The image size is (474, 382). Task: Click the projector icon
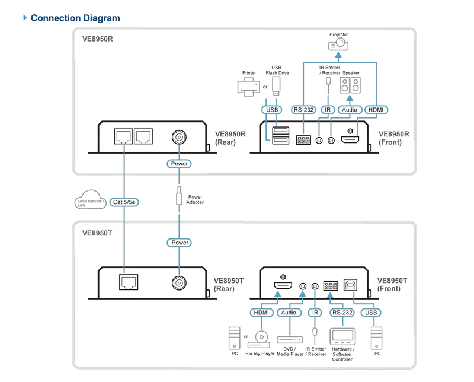click(338, 44)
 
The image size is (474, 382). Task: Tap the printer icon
click(248, 86)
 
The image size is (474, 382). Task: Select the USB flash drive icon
click(276, 85)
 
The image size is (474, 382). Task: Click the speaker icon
click(350, 85)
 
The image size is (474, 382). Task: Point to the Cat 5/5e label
click(124, 202)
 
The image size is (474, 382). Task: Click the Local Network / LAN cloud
click(91, 199)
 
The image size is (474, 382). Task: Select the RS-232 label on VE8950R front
click(303, 110)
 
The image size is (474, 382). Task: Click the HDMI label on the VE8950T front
click(261, 313)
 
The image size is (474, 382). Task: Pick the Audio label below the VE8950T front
click(289, 313)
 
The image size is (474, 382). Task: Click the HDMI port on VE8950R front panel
click(350, 139)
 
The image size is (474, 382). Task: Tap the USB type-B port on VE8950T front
click(350, 285)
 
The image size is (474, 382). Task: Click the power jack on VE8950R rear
click(179, 137)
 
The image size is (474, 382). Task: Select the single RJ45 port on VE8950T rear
click(129, 282)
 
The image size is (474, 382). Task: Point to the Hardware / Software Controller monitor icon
click(342, 336)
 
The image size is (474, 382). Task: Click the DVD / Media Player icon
click(290, 340)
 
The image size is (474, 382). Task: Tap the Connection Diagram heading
click(75, 18)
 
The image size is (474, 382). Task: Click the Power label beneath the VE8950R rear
click(180, 164)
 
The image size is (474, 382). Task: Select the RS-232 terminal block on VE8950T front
click(331, 285)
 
